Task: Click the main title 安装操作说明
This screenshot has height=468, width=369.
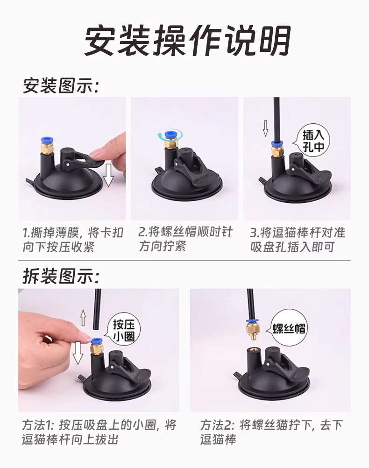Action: [187, 41]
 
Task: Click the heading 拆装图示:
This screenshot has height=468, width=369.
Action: [61, 277]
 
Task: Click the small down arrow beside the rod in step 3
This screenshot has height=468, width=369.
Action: [265, 128]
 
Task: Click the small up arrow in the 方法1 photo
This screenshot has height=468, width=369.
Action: [83, 318]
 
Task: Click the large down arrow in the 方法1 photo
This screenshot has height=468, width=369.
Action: [78, 353]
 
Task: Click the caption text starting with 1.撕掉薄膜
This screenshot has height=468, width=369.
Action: [73, 240]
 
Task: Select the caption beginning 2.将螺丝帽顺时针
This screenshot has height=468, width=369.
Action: [185, 239]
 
